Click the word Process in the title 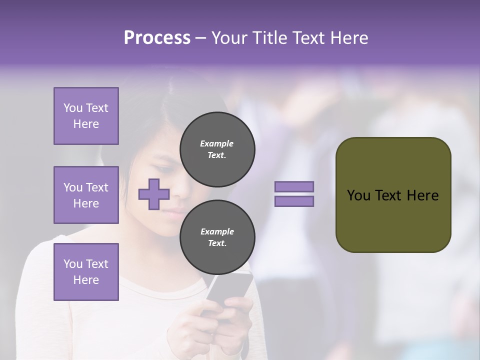coord(157,38)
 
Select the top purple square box coord(86,116)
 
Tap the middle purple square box coord(86,195)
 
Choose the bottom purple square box coord(86,272)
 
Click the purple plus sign coord(154,194)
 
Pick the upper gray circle coord(217,149)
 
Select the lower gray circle coord(217,237)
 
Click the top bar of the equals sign coord(294,186)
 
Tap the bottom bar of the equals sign coord(294,201)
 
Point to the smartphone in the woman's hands coord(231,290)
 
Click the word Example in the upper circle coord(217,143)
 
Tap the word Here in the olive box coord(423,195)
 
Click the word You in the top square coord(72,108)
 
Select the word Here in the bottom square coord(86,280)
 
